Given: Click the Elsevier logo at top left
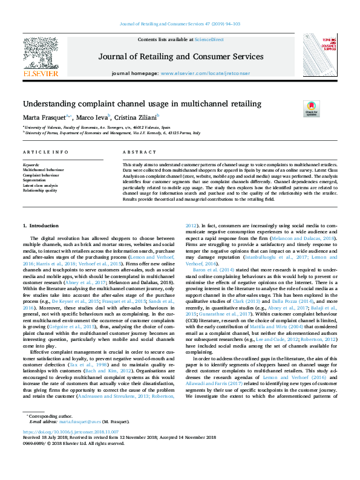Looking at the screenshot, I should tap(41, 56).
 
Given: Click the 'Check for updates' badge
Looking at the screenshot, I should tap(311, 109).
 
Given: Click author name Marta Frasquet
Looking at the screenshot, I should tap(45, 117).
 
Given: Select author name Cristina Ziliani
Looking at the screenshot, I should tap(137, 117).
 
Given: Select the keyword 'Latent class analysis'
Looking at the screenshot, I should tap(40, 185).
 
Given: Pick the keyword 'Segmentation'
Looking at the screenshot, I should tap(36, 180).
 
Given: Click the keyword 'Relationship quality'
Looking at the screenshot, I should tap(40, 190).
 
